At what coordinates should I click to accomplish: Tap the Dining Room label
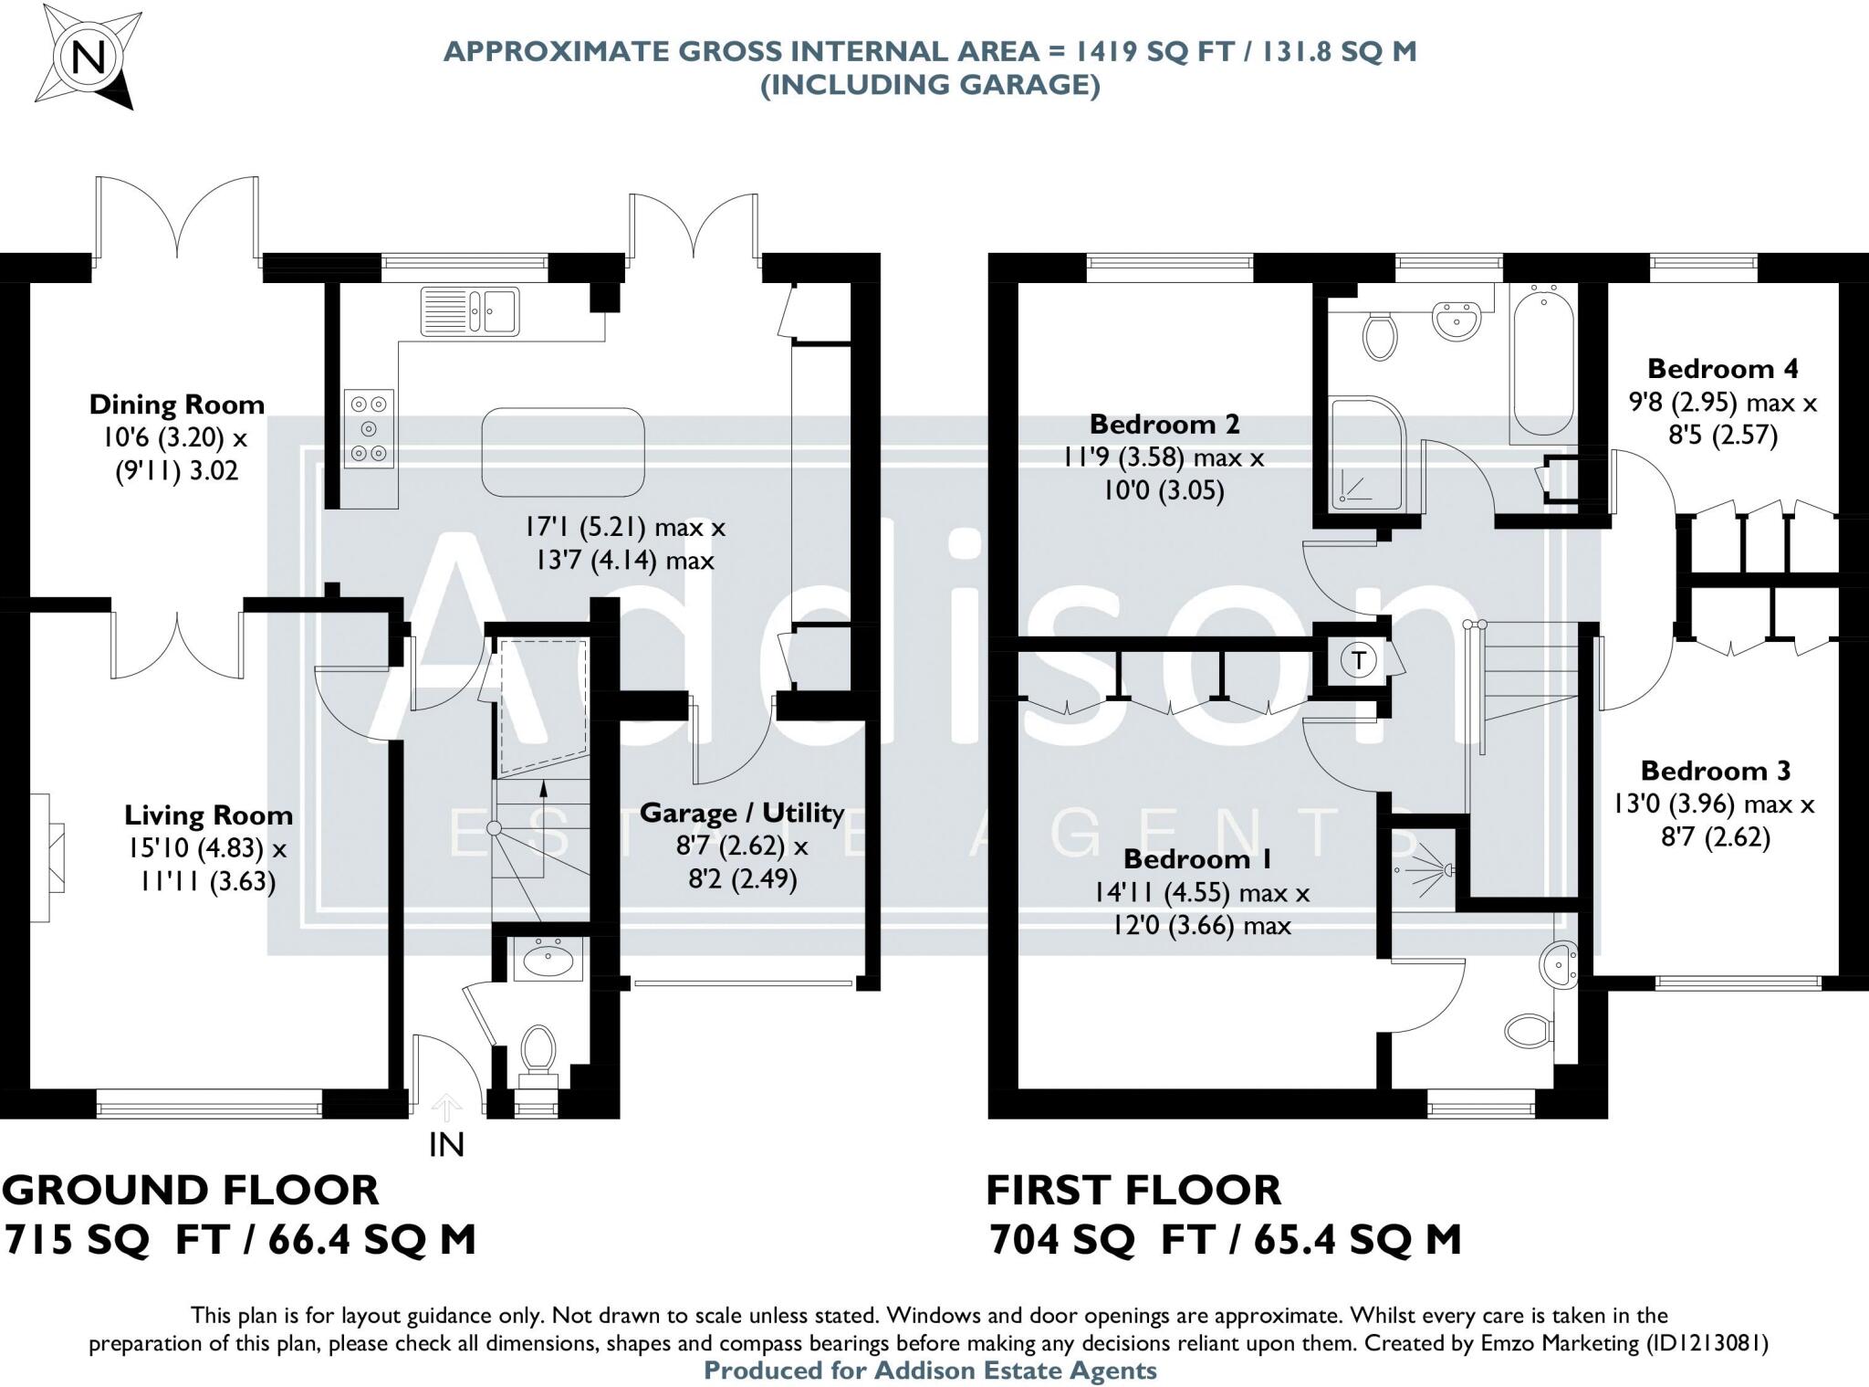(177, 405)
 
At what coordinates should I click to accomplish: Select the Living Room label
(209, 814)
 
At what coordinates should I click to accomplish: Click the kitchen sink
(469, 310)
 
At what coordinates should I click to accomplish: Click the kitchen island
(563, 452)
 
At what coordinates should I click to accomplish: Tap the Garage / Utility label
(742, 813)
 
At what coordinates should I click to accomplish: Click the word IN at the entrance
(446, 1144)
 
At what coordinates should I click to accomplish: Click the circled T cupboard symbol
(1360, 660)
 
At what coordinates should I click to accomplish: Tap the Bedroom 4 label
(1723, 369)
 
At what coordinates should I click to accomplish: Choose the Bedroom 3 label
(1716, 771)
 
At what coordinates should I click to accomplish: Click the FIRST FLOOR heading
(1133, 1191)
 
